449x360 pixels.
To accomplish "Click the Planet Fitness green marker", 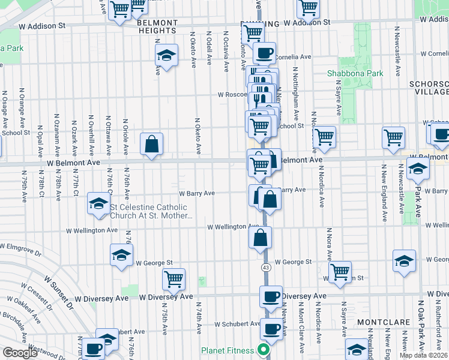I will click(x=262, y=350).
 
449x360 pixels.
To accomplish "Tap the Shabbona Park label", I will click(x=355, y=73).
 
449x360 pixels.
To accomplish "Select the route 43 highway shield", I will click(x=265, y=267).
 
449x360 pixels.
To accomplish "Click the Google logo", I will click(x=20, y=353).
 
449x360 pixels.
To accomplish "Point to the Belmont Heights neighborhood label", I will click(x=158, y=23).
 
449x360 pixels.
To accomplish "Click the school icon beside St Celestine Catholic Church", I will click(x=98, y=203).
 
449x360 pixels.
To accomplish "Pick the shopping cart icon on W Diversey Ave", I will click(x=173, y=278).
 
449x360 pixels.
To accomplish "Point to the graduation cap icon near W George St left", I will click(x=121, y=255).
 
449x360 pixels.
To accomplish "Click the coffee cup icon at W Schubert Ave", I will click(x=271, y=329).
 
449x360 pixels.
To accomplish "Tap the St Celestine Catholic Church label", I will click(x=148, y=212).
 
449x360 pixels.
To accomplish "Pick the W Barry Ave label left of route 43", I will click(x=197, y=193).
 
